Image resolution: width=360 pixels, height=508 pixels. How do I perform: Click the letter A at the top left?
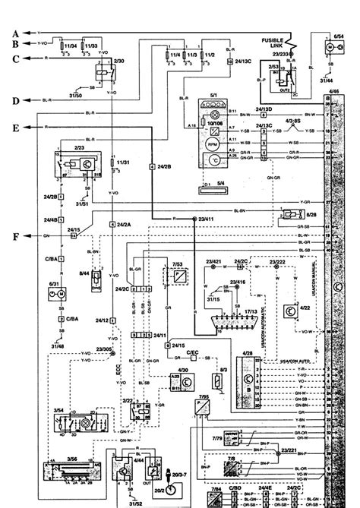14,33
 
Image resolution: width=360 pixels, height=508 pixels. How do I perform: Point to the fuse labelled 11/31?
112,162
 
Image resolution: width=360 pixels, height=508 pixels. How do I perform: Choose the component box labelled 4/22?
288,311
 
